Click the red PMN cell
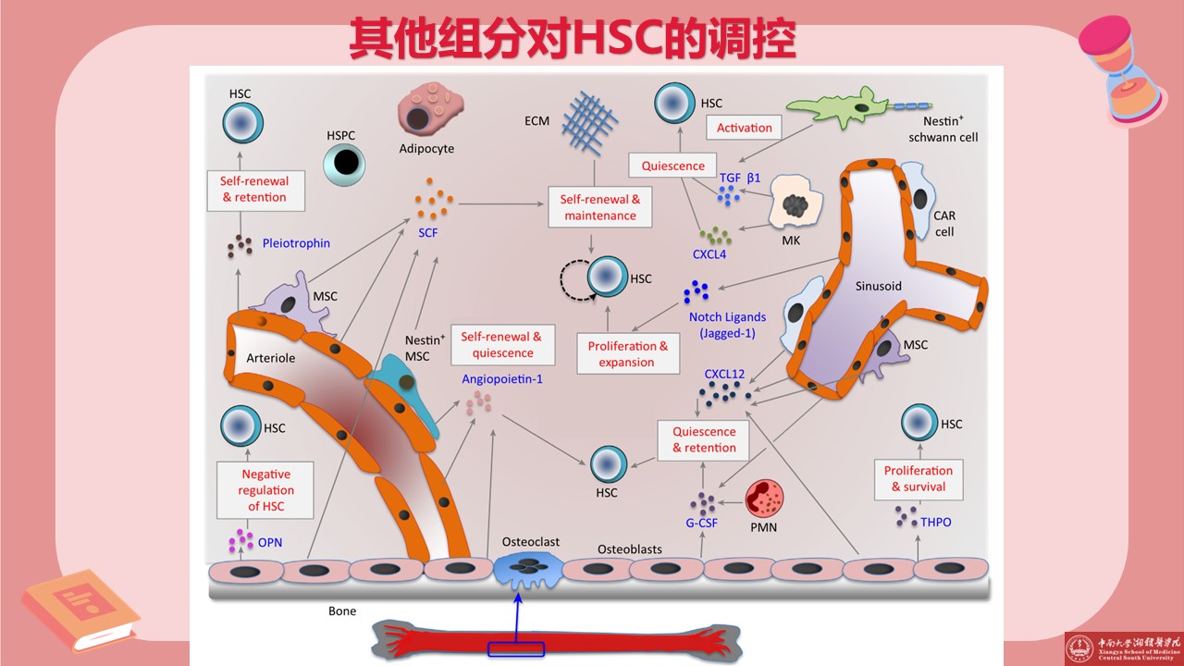pyautogui.click(x=764, y=499)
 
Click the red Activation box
pyautogui.click(x=745, y=129)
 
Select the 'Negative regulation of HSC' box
pyautogui.click(x=266, y=490)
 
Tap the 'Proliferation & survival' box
pyautogui.click(x=919, y=478)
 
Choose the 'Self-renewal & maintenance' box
pyautogui.click(x=600, y=208)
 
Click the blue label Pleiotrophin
pyautogui.click(x=296, y=244)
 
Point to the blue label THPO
pyautogui.click(x=936, y=523)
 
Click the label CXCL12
pyautogui.click(x=724, y=375)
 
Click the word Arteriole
pyautogui.click(x=271, y=358)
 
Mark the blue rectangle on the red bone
pyautogui.click(x=516, y=649)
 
